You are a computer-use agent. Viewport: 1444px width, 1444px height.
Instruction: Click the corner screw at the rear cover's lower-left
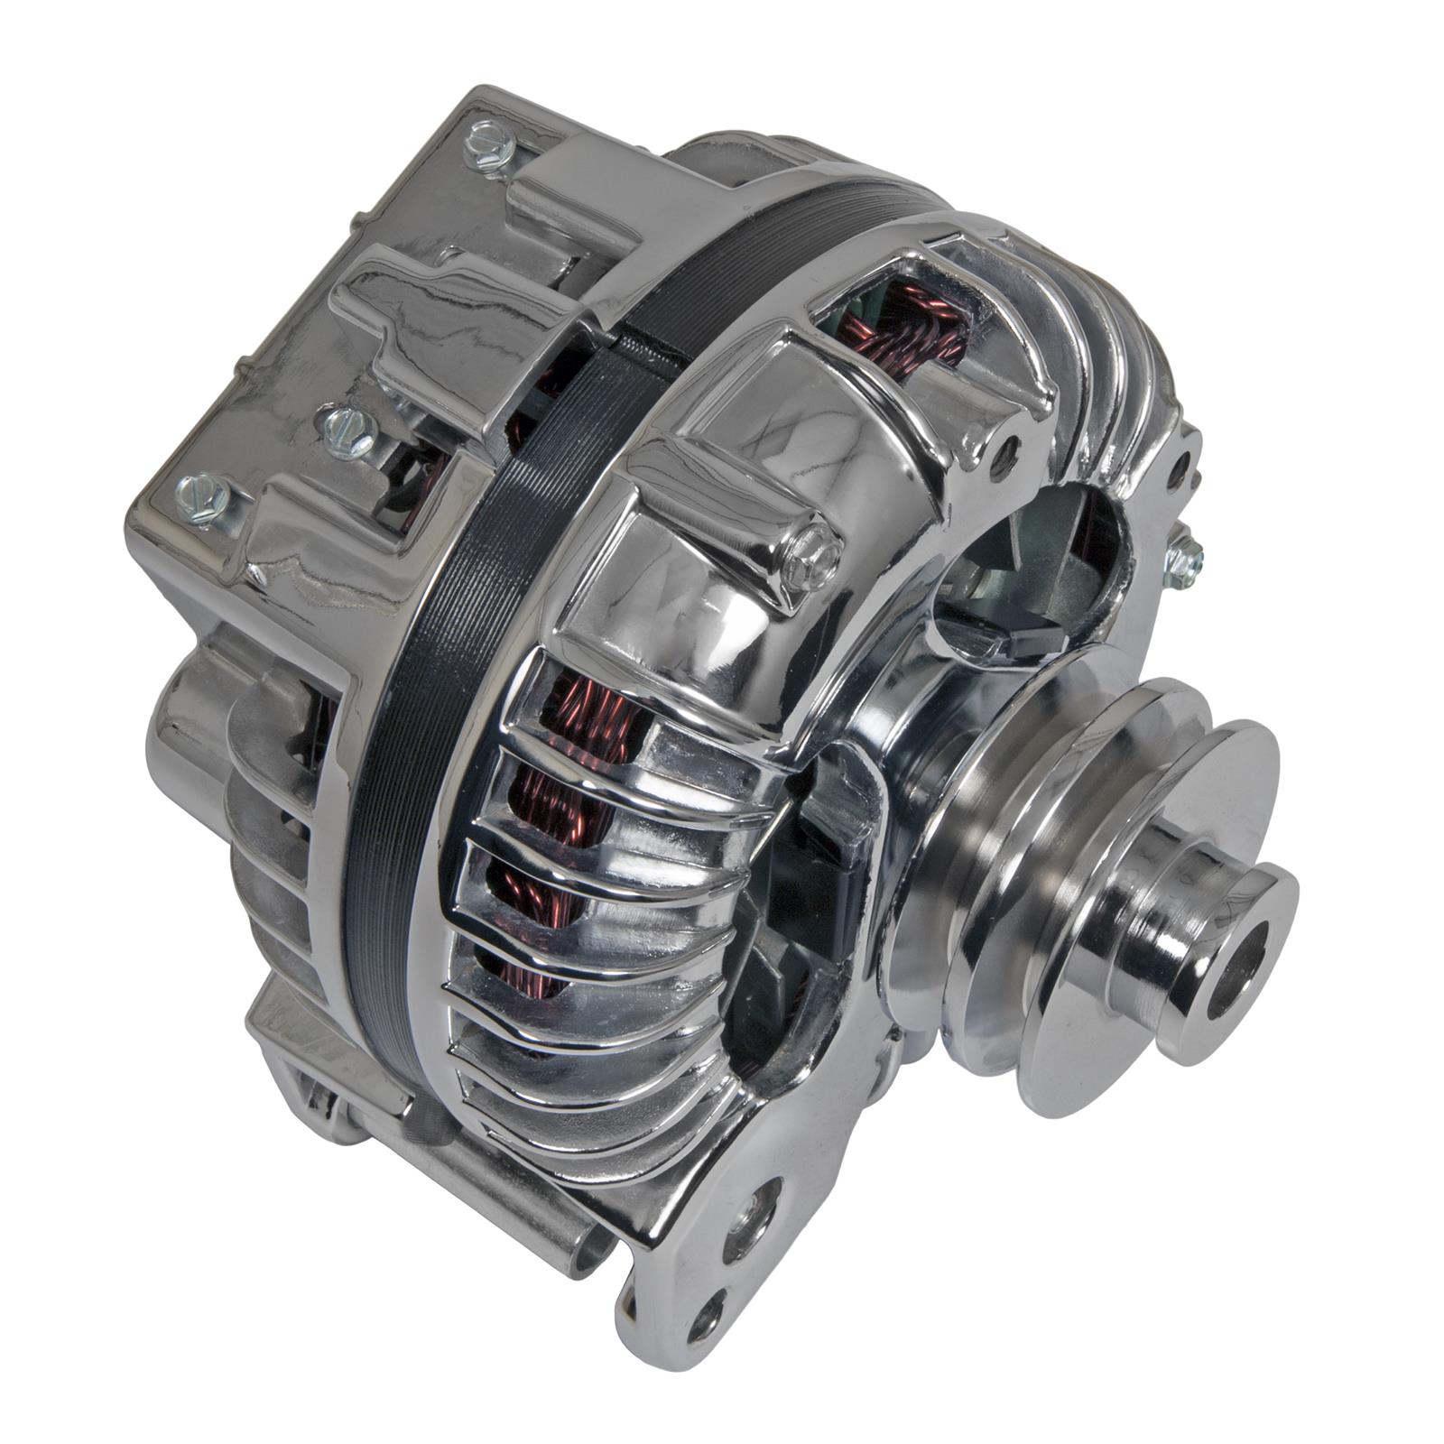click(200, 499)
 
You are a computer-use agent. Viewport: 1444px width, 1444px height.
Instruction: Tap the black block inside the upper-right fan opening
click(1024, 636)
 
